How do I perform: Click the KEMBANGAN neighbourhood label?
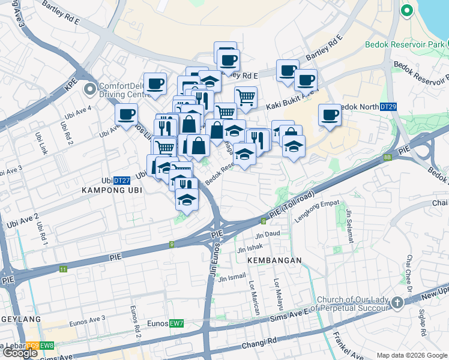point(273,261)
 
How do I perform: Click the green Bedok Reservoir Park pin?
point(406,10)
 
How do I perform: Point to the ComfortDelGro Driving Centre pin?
point(90,90)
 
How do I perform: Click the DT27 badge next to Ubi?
point(122,180)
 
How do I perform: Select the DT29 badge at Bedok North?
point(388,107)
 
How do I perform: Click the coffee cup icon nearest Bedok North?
point(330,114)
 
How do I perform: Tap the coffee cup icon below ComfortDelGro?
point(127,114)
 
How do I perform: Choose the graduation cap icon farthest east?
point(293,146)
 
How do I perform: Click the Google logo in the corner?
point(20,353)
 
